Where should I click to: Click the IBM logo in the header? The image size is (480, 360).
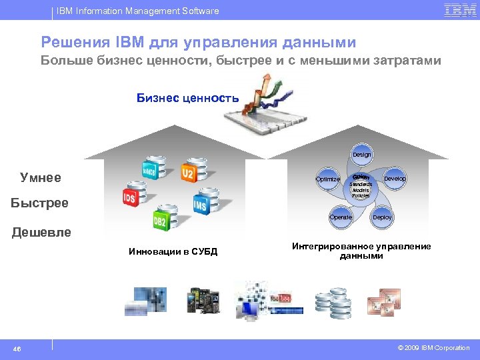[x=460, y=10]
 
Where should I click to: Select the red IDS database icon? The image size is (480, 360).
[x=130, y=197]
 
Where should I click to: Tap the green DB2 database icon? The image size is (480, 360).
[x=160, y=220]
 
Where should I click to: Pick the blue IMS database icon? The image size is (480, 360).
[x=201, y=205]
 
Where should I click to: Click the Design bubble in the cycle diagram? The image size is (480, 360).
[x=361, y=154]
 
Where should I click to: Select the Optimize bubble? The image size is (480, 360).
[x=327, y=179]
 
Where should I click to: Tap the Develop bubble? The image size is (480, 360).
[x=395, y=179]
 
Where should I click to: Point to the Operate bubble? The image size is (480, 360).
[x=341, y=217]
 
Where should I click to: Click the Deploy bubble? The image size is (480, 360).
[x=382, y=217]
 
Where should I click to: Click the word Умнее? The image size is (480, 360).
[x=41, y=178]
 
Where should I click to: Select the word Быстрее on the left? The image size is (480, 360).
[x=39, y=203]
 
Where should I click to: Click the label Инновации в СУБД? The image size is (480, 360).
[x=173, y=251]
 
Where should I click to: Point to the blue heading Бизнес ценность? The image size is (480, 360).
[x=187, y=98]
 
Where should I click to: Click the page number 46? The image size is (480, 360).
[x=17, y=348]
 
